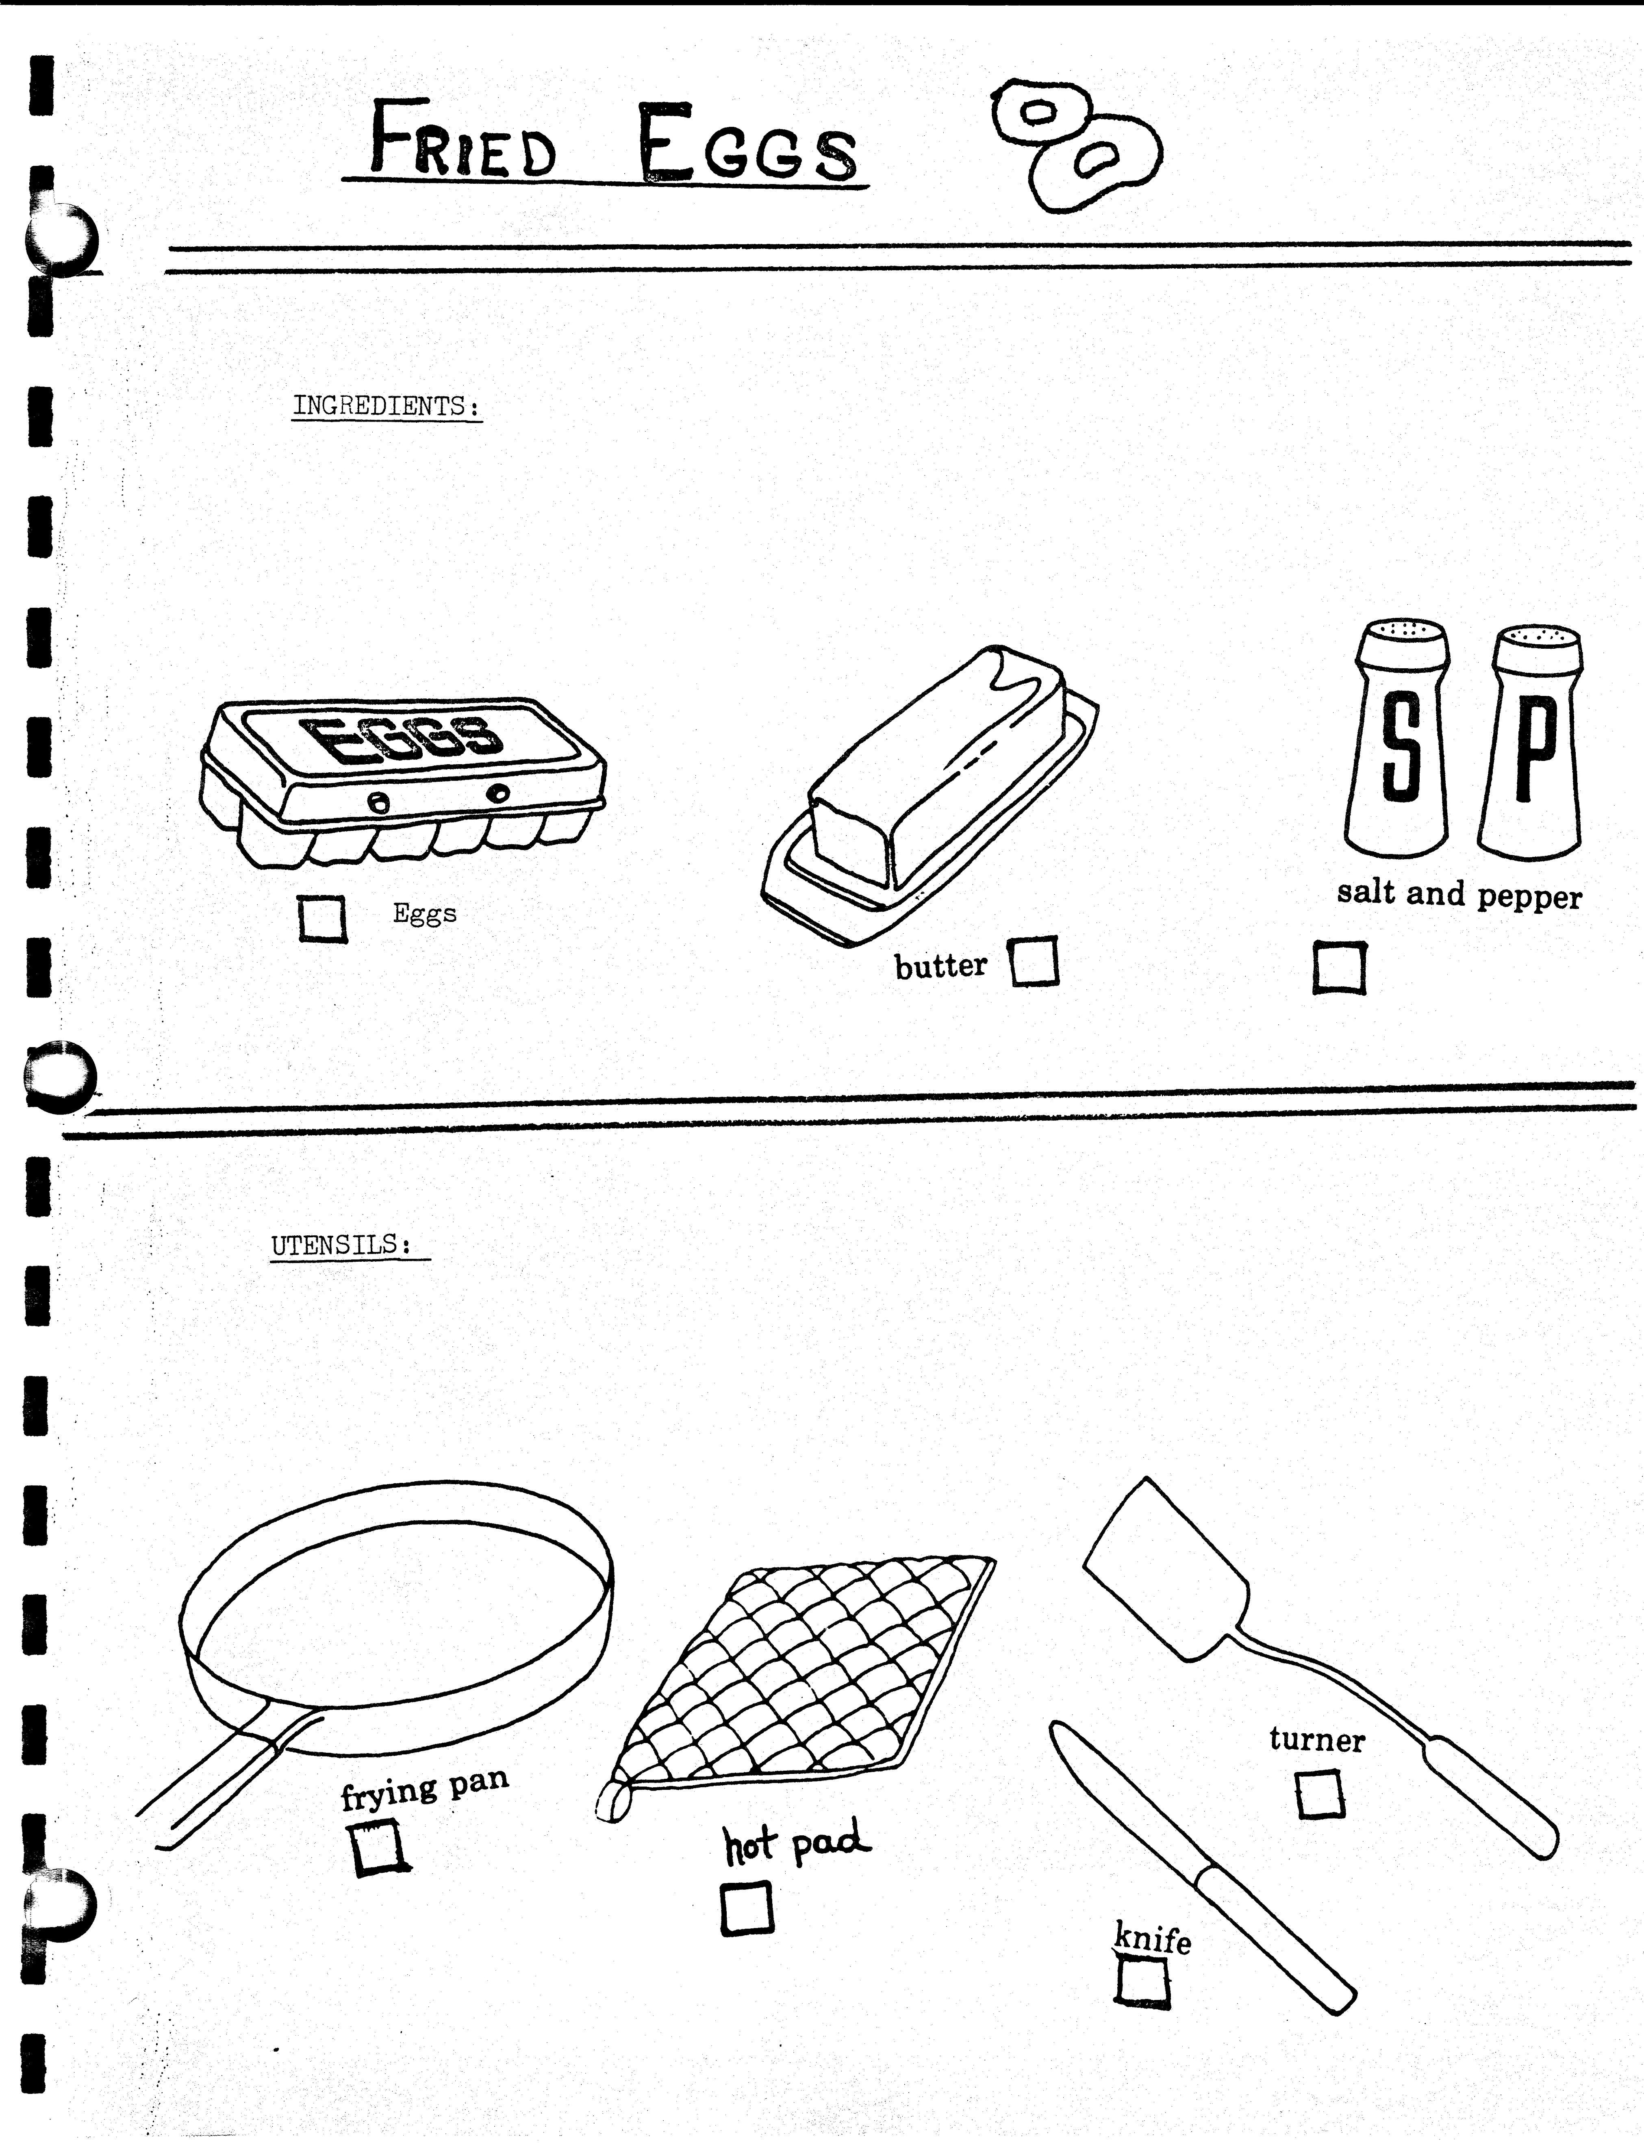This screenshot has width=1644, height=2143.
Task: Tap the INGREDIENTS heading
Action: tap(387, 406)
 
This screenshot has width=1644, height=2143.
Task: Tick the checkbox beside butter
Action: tap(1034, 962)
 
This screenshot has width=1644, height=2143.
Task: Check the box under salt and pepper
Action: tap(1339, 968)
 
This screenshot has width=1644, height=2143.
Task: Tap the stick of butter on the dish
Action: tap(934, 768)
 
